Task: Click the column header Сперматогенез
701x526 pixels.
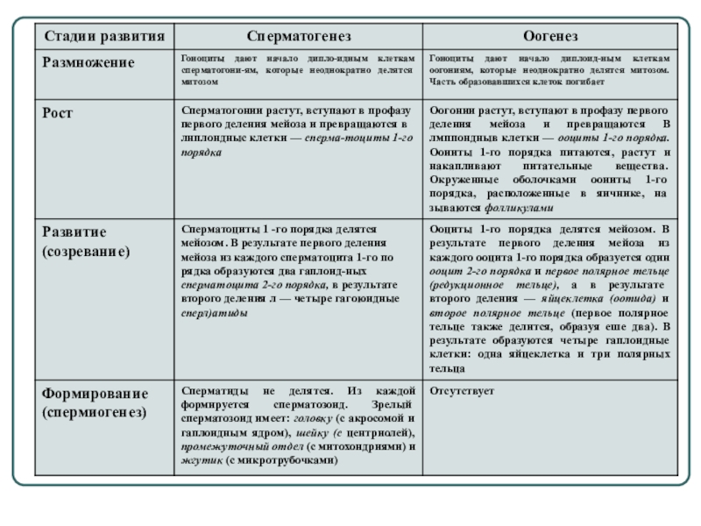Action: click(298, 37)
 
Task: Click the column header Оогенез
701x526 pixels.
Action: click(550, 37)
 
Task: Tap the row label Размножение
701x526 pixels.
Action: click(89, 62)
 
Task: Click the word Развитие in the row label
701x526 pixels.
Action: click(75, 232)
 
